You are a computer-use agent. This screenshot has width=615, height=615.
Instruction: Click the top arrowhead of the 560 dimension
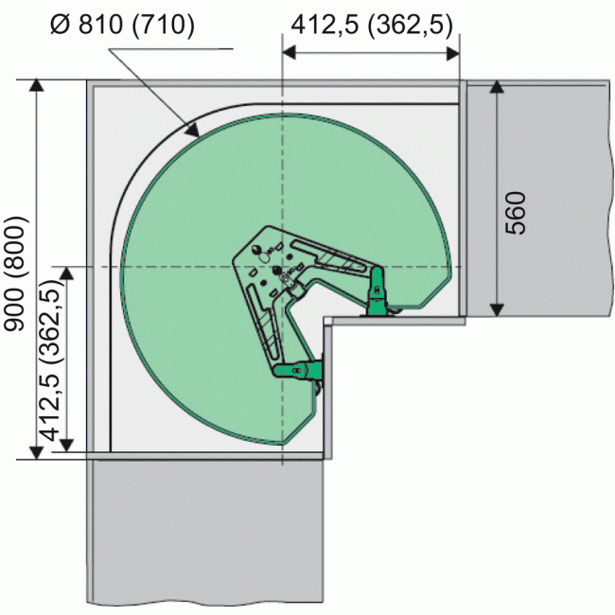(496, 88)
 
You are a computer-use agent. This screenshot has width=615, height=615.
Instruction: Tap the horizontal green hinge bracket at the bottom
(297, 371)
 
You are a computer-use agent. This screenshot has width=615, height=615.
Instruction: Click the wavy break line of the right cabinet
(602, 199)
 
